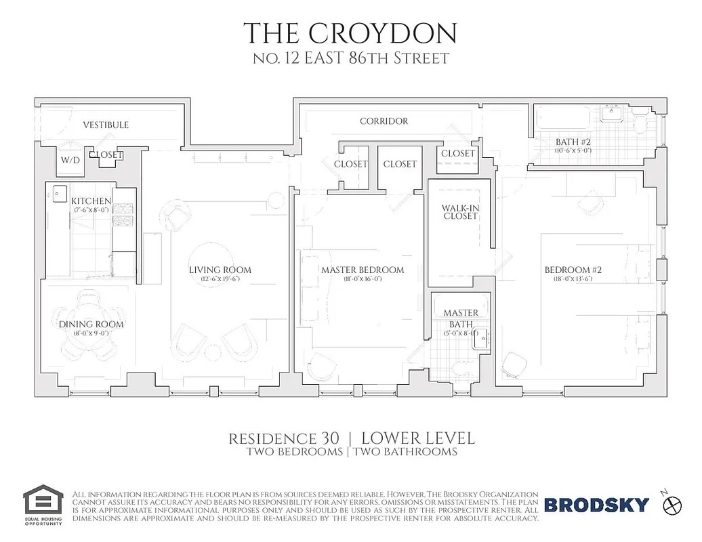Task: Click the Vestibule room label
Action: pos(106,125)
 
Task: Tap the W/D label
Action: pos(70,161)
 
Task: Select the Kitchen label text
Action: pos(91,201)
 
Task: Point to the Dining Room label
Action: pos(91,325)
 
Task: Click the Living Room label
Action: pos(220,270)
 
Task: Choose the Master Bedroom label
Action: pos(363,270)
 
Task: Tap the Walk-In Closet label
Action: pos(460,211)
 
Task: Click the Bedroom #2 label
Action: pos(573,270)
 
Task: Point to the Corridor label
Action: pos(384,121)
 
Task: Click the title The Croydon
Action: pos(350,33)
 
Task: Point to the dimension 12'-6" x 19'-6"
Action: pos(220,279)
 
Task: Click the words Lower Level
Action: pos(418,438)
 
